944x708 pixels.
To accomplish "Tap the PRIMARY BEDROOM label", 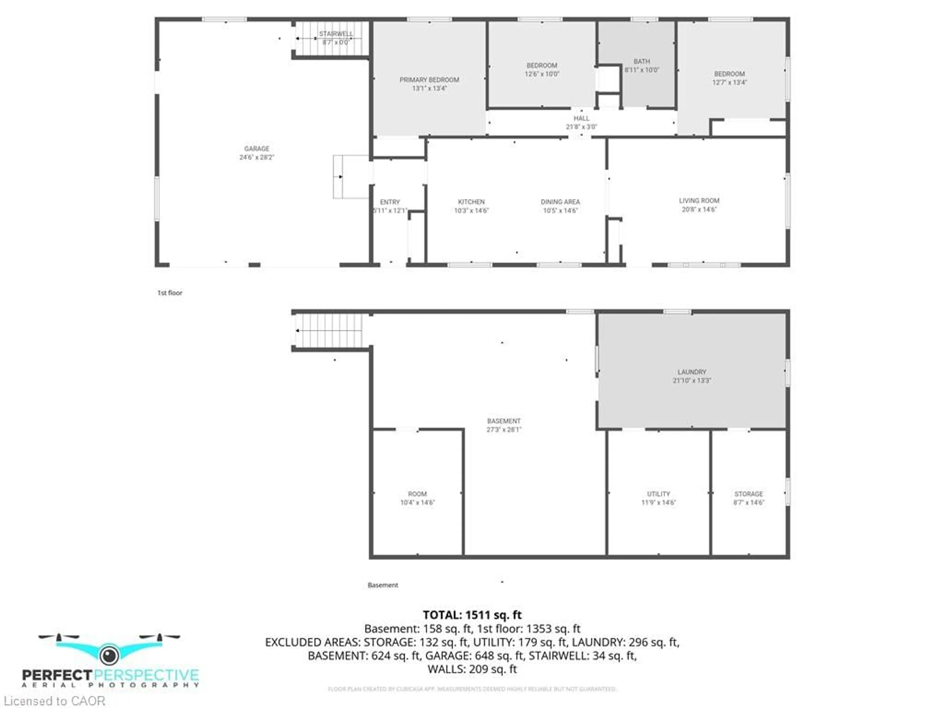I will pos(429,80).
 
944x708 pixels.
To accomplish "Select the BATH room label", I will pos(641,61).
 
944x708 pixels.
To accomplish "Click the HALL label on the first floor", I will pos(581,118).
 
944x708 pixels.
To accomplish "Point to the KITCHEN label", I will pos(471,202).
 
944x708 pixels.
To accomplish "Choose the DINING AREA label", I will pos(560,202).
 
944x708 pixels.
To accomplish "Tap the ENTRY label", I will pos(390,202).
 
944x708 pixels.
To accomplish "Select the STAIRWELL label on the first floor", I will pos(336,34).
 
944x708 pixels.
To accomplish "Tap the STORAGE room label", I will pos(749,494).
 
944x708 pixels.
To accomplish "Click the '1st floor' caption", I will pos(170,293).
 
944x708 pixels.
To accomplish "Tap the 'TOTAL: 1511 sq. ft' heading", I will pos(472,615).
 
